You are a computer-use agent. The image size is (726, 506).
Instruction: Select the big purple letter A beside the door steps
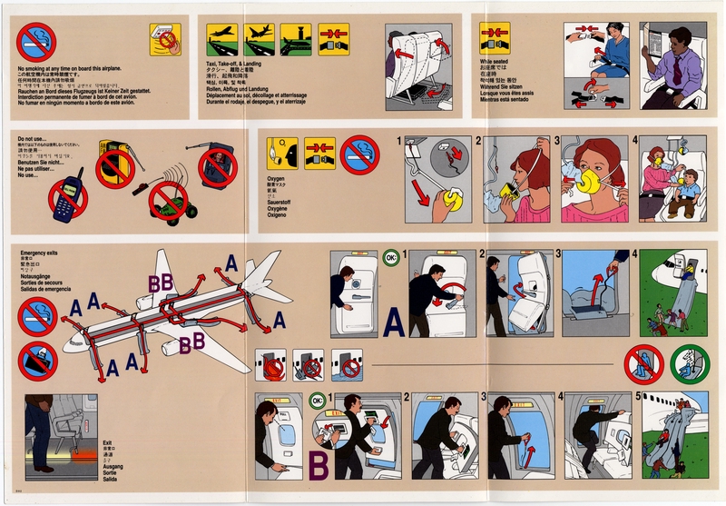(x=393, y=322)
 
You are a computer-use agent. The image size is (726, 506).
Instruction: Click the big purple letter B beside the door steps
(x=319, y=465)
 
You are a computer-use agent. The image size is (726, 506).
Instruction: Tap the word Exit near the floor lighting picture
(x=107, y=441)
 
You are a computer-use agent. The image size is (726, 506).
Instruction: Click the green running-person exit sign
(x=690, y=364)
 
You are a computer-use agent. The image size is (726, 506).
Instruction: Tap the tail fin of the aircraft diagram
(x=265, y=271)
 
